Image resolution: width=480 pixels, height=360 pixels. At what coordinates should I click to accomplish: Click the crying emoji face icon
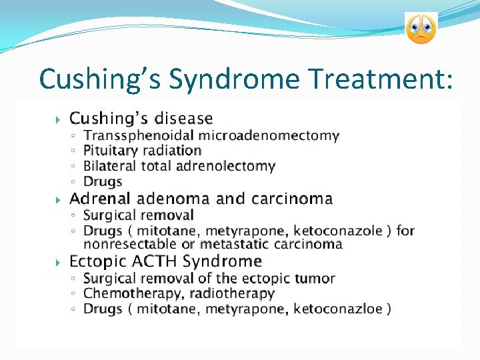(421, 29)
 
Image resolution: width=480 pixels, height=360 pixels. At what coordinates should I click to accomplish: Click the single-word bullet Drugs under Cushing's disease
(103, 181)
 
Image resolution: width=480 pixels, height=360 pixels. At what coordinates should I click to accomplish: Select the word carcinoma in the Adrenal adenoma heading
(292, 199)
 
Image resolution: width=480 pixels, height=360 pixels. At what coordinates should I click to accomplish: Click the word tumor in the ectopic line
(317, 278)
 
